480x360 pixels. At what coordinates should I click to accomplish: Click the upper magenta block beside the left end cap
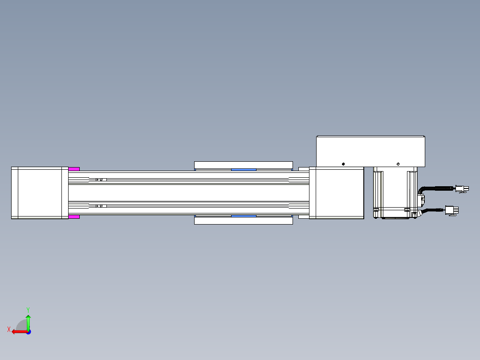coord(74,169)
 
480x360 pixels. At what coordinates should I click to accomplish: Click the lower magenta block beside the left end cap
coord(74,217)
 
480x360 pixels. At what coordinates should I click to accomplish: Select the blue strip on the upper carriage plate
coord(244,170)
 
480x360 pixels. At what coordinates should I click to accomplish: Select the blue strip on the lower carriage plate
coord(244,216)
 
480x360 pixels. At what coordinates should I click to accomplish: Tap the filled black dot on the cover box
coord(343,164)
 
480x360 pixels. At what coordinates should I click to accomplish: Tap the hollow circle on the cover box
coord(398,164)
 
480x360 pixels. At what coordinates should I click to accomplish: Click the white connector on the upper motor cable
coord(462,189)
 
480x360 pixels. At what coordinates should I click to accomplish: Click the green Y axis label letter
coord(28,310)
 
